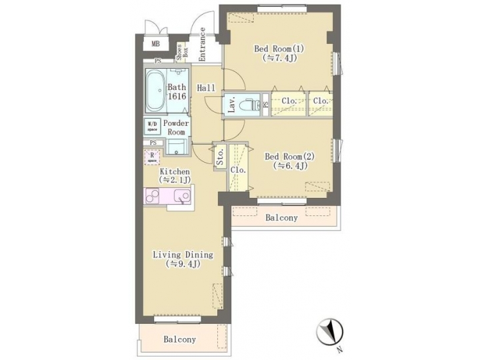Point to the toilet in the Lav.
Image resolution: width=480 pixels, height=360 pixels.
click(249, 105)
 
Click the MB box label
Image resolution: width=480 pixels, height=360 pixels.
click(155, 45)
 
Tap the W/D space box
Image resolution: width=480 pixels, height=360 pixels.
click(152, 125)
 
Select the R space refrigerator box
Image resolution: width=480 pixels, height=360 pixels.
click(151, 157)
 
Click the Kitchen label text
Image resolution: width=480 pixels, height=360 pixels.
click(175, 172)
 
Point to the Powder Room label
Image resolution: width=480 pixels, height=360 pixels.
click(177, 127)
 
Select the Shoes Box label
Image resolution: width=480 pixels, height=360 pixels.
click(181, 51)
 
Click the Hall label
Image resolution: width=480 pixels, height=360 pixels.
click(206, 88)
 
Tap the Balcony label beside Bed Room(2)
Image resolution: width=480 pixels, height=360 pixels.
click(281, 218)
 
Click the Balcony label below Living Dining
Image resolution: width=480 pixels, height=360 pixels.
click(180, 339)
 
